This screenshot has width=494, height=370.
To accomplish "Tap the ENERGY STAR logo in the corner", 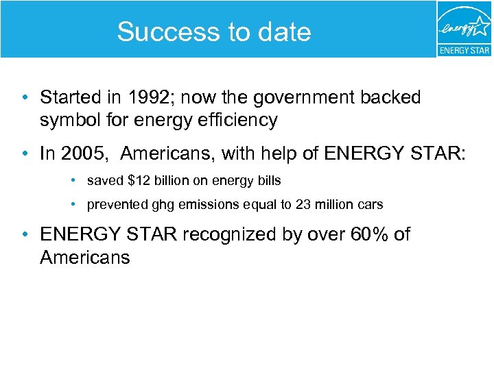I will (464, 29).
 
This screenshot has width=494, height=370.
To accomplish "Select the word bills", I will (268, 181).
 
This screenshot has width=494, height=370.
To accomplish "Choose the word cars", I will (370, 204).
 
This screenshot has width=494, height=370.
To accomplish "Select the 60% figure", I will (370, 234).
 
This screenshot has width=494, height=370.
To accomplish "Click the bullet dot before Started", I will (25, 98).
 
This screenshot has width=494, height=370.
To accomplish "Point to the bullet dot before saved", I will (73, 182).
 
